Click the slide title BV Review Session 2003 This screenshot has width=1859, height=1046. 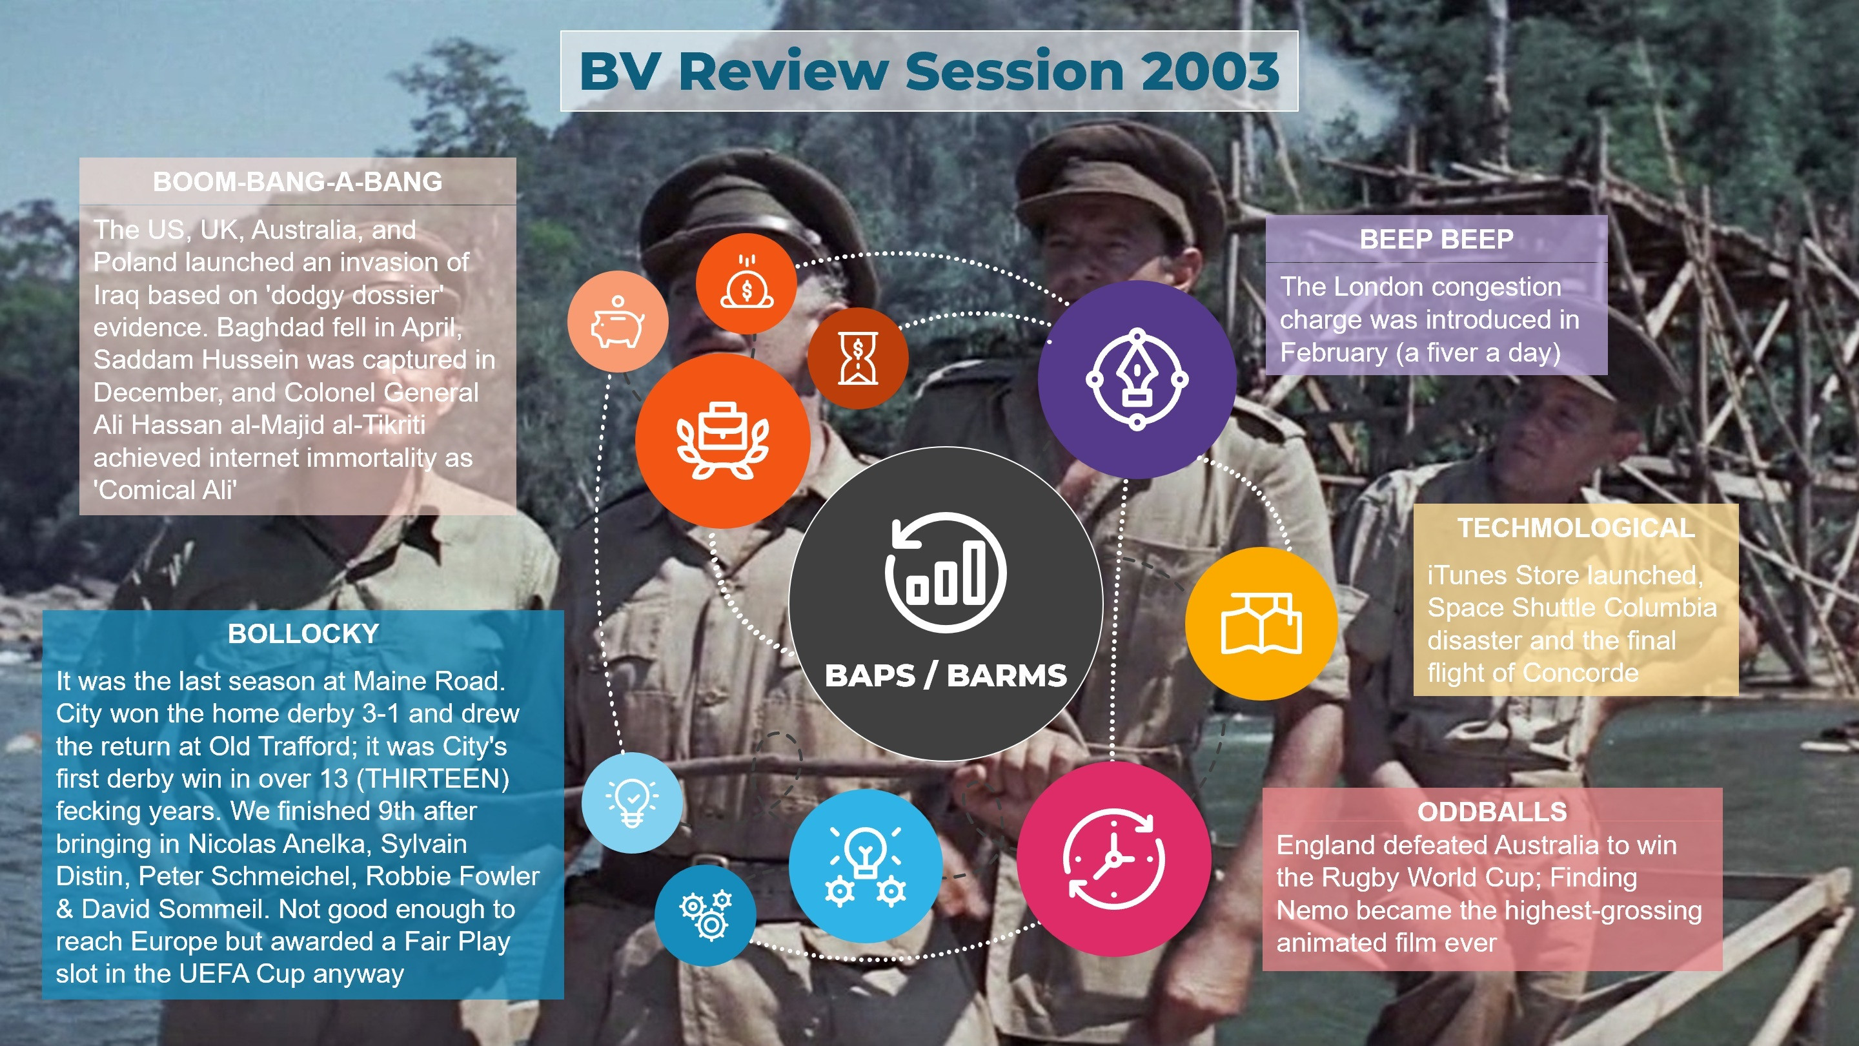pos(929,71)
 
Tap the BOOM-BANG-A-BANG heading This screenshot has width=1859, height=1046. pos(298,181)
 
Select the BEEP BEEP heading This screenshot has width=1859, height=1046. pos(1436,239)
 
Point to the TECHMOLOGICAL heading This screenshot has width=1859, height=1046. pos(1576,528)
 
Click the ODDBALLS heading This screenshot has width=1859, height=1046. pos(1492,812)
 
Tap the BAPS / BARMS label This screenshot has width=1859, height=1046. pos(946,675)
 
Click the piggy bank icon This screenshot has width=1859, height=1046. pos(618,322)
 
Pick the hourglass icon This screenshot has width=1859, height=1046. pos(858,358)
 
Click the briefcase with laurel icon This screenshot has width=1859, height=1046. pos(722,440)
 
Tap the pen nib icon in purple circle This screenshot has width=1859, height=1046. pos(1137,379)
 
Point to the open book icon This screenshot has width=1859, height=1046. pos(1261,623)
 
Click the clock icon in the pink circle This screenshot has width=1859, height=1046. pos(1113,858)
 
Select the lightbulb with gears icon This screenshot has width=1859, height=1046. pos(865,865)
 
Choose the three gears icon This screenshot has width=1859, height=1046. pos(706,915)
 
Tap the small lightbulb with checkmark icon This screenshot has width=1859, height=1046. pos(631,802)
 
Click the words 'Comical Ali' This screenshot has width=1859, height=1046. pos(165,490)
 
